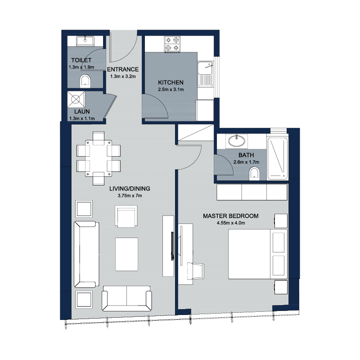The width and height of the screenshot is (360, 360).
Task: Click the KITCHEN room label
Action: [171, 82]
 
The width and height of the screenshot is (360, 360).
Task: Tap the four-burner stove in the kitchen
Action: [172, 44]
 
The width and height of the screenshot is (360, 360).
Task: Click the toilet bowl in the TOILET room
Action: [85, 81]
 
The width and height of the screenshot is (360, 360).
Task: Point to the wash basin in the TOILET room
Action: [85, 41]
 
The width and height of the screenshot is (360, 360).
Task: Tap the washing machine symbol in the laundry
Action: [76, 99]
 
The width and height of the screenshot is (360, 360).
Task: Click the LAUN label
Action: [82, 112]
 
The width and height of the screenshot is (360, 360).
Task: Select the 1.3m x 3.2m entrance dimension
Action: [123, 76]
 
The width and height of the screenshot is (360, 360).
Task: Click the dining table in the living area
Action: [99, 158]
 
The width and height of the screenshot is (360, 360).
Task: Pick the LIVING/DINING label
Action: [130, 189]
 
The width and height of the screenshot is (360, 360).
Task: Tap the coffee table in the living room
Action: [127, 254]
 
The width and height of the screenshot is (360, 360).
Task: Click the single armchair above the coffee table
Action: [126, 216]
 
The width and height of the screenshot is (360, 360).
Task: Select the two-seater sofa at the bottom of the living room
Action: [127, 298]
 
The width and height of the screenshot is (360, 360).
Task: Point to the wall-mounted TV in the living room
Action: [172, 246]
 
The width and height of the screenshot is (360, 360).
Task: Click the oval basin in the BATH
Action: [237, 140]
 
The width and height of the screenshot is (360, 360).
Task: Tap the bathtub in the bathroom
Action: [277, 158]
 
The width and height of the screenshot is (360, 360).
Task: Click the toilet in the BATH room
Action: [254, 174]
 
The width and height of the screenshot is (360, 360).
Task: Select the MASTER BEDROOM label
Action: [231, 216]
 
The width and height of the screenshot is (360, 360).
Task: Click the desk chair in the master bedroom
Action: [196, 271]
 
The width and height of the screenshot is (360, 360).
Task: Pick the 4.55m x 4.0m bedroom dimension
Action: [231, 223]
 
